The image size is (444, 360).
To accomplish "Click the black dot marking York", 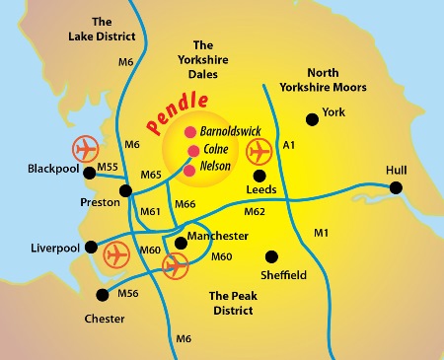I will pyautogui.click(x=312, y=118).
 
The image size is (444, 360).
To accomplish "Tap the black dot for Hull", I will pyautogui.click(x=396, y=187).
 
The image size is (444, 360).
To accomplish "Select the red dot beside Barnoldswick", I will pyautogui.click(x=190, y=131).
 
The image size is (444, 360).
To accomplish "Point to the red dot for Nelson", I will pyautogui.click(x=190, y=169).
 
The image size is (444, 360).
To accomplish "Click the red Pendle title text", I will pyautogui.click(x=177, y=112).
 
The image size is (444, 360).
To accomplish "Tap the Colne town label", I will pyautogui.click(x=215, y=149).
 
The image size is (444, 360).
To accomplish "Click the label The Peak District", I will pyautogui.click(x=232, y=303).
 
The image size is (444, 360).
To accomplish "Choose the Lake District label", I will pyautogui.click(x=100, y=30).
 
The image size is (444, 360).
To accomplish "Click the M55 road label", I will pyautogui.click(x=108, y=168).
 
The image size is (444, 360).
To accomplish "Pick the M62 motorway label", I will pyautogui.click(x=255, y=210).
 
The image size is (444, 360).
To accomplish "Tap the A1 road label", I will pyautogui.click(x=289, y=145).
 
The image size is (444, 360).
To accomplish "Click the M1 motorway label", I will pyautogui.click(x=320, y=233).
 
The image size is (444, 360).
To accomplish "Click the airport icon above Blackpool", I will pyautogui.click(x=87, y=150).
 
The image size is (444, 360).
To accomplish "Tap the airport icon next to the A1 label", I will pyautogui.click(x=259, y=152).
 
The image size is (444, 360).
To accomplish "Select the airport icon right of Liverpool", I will pyautogui.click(x=116, y=253).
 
